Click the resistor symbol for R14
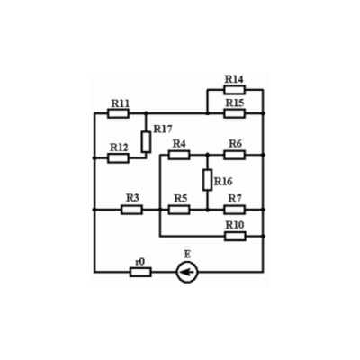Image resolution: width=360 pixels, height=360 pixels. click(234, 90)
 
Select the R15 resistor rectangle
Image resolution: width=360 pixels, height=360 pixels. click(234, 113)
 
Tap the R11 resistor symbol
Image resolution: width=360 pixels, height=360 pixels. click(118, 113)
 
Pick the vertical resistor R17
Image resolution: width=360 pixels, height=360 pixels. click(146, 142)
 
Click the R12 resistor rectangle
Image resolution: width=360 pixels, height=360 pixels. click(118, 158)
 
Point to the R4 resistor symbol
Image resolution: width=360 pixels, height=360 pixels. click(179, 155)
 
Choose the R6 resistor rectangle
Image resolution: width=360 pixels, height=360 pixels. click(234, 155)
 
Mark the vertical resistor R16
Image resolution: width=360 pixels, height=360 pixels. click(207, 180)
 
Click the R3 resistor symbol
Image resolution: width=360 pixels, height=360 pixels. click(131, 210)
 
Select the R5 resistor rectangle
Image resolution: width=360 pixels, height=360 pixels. click(179, 210)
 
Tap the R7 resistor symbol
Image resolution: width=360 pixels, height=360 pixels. click(234, 210)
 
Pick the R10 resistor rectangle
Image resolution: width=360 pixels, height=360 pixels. click(235, 236)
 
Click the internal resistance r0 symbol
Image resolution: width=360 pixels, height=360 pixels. click(140, 272)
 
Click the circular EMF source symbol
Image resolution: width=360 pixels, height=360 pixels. click(187, 272)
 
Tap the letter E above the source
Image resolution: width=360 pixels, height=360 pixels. click(187, 255)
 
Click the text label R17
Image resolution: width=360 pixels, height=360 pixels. click(163, 130)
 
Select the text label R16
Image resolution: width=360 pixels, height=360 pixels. click(223, 182)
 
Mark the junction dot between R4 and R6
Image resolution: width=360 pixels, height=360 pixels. click(207, 155)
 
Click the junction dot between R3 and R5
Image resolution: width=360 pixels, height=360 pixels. click(160, 210)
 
